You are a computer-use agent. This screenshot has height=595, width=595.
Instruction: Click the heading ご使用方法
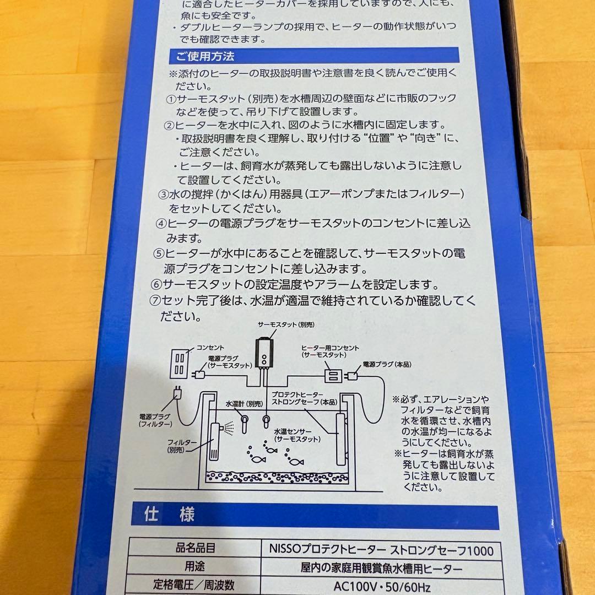pyautogui.click(x=205, y=56)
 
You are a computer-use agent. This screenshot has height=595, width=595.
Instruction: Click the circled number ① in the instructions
pyautogui.click(x=171, y=99)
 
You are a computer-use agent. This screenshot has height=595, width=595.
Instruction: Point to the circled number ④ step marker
pyautogui.click(x=161, y=224)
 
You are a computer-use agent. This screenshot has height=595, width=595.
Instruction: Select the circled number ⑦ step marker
pyautogui.click(x=155, y=301)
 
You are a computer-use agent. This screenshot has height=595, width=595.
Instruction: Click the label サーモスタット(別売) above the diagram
pyautogui.click(x=282, y=326)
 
